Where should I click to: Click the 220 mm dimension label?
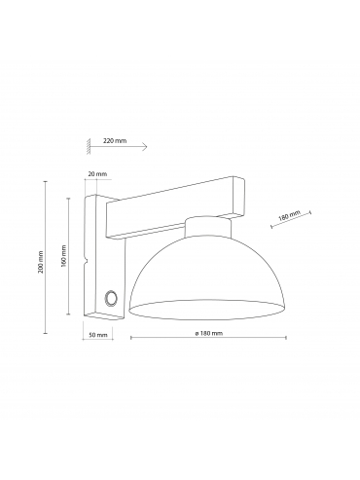115,141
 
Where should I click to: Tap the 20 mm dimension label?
97,174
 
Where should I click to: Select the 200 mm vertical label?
41,262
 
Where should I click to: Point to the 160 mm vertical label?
63,256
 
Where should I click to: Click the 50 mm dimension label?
98,335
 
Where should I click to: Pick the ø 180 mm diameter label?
208,333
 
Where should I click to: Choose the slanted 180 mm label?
290,215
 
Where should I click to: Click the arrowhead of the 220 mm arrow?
145,147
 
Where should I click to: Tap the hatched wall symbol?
89,146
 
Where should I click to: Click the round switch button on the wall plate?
111,297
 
